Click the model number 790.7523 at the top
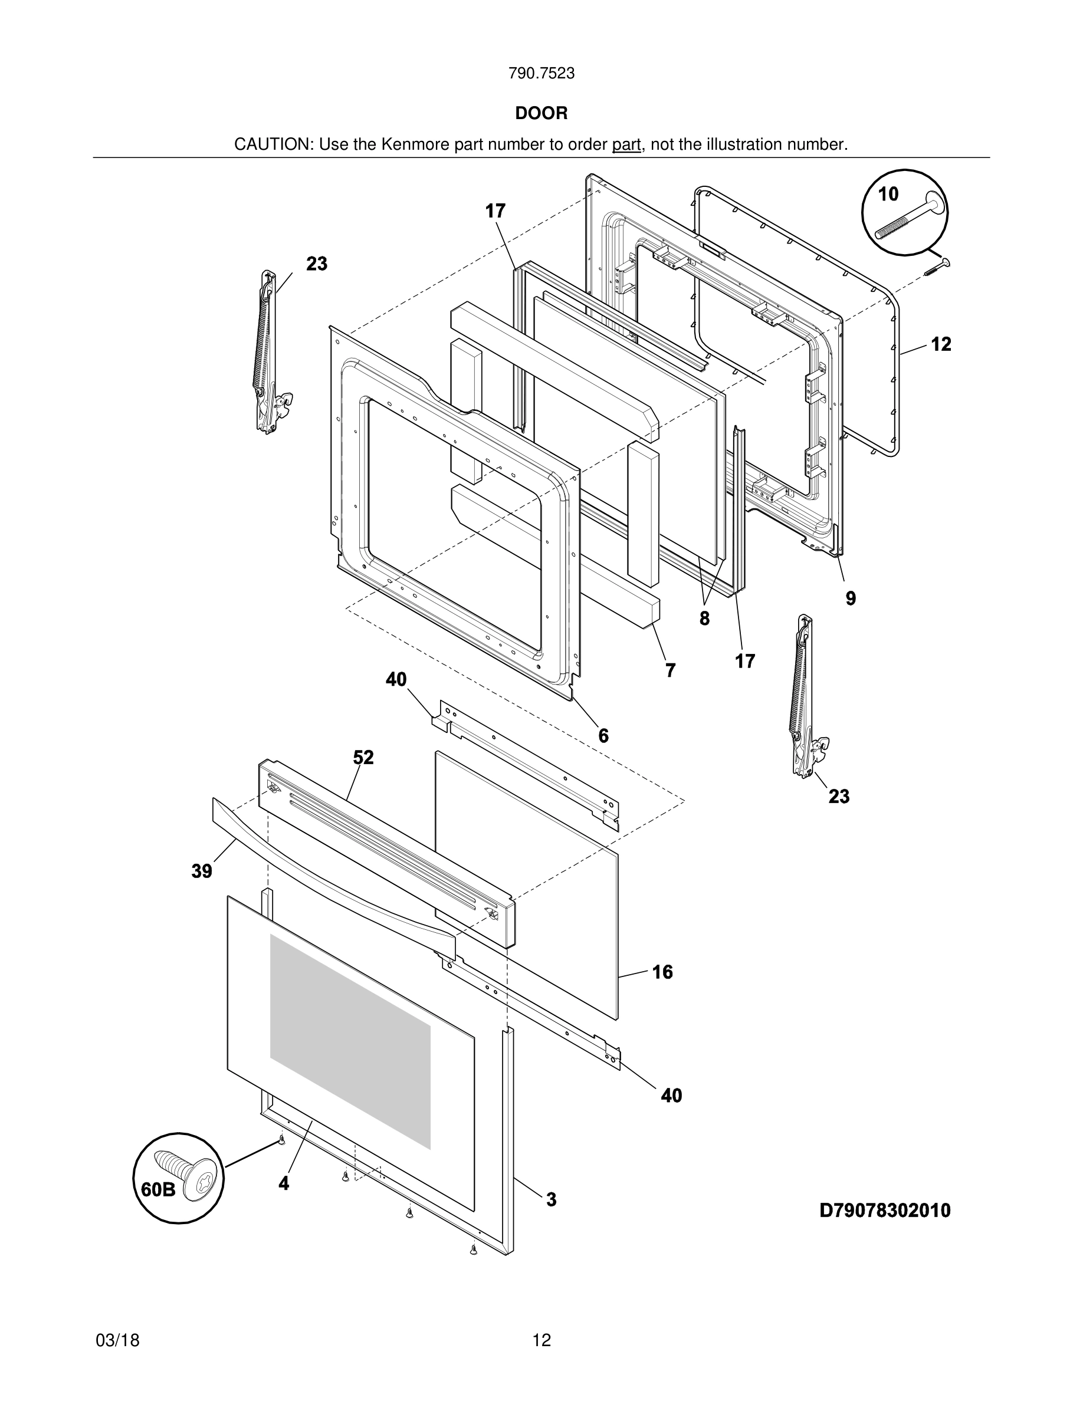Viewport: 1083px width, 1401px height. click(541, 74)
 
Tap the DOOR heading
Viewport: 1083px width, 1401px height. click(541, 114)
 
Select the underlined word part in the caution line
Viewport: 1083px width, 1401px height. click(626, 145)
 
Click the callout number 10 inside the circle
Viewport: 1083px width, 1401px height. click(888, 194)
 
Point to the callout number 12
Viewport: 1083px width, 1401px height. click(941, 344)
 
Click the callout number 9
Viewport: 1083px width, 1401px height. click(850, 598)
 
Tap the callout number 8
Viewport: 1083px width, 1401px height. click(704, 619)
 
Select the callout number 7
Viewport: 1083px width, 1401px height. click(671, 670)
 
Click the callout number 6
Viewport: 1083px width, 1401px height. click(603, 736)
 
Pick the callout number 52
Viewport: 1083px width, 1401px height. click(363, 758)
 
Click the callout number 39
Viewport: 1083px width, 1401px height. click(202, 871)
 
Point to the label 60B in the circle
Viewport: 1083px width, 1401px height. click(158, 1189)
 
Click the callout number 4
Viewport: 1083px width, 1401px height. click(284, 1183)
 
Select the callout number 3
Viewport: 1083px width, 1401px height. click(551, 1199)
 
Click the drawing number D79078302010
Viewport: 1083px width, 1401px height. click(885, 1211)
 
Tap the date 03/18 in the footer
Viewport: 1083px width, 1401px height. click(117, 1340)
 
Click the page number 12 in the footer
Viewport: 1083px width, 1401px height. click(541, 1340)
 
